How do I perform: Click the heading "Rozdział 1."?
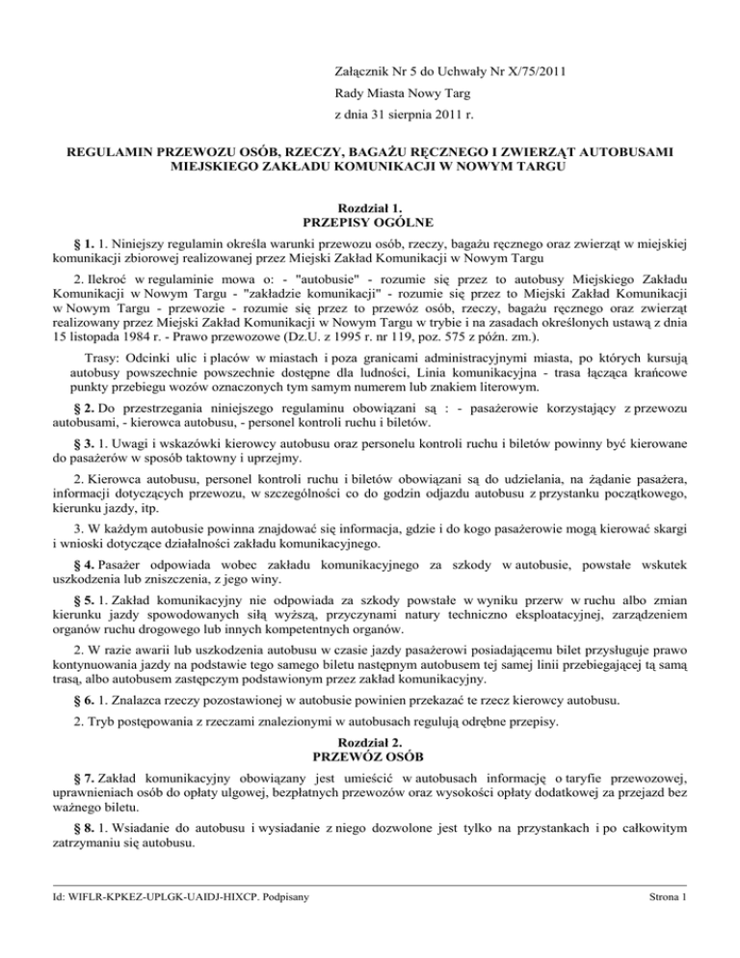point(371,207)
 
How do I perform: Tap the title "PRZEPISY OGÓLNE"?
point(371,224)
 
